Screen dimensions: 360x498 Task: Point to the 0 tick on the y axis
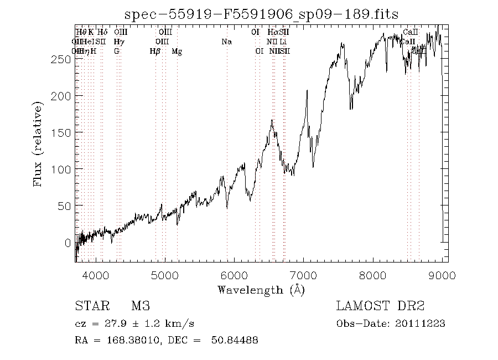point(68,243)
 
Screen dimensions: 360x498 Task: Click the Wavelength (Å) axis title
point(261,289)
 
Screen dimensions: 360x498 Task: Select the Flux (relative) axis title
point(39,143)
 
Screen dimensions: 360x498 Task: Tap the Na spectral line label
point(226,42)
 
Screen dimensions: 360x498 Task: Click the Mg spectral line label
point(177,52)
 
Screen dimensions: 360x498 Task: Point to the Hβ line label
point(155,52)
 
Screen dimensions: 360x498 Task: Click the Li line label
point(283,42)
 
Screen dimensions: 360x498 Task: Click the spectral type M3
point(141,306)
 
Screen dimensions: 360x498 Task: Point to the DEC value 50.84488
point(234,341)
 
